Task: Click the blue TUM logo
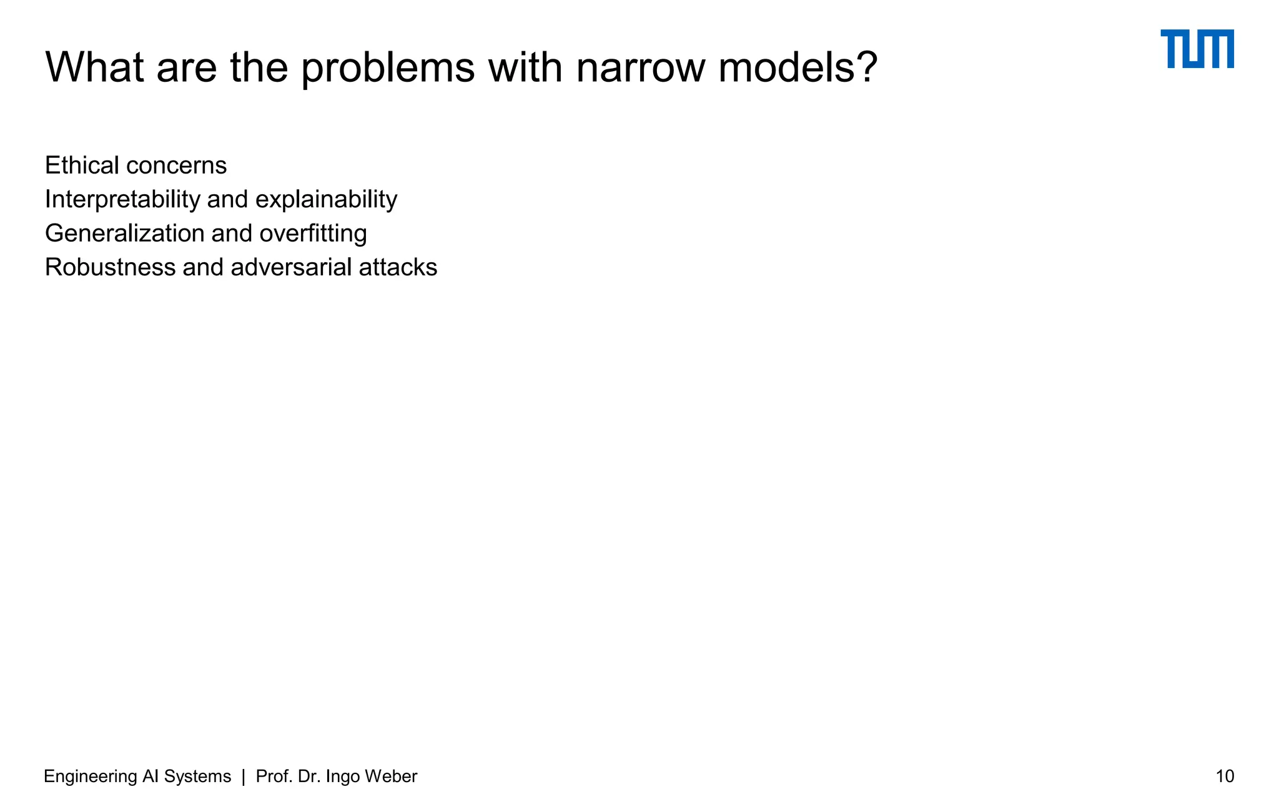pyautogui.click(x=1197, y=49)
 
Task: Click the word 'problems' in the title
pyautogui.click(x=388, y=67)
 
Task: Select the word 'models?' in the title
pyautogui.click(x=798, y=67)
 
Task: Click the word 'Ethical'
pyautogui.click(x=82, y=165)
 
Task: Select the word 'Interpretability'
pyautogui.click(x=122, y=199)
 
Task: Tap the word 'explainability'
pyautogui.click(x=326, y=199)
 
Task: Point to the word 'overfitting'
pyautogui.click(x=313, y=233)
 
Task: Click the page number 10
pyautogui.click(x=1225, y=777)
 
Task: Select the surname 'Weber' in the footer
pyautogui.click(x=391, y=777)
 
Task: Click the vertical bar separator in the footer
pyautogui.click(x=244, y=777)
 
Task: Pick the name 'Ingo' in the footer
pyautogui.click(x=343, y=777)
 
